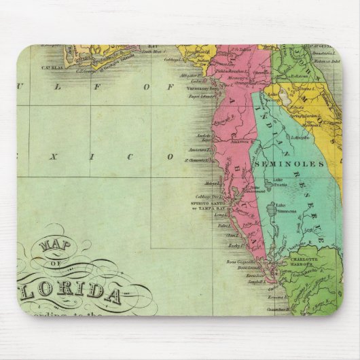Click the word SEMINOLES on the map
(x=281, y=164)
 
